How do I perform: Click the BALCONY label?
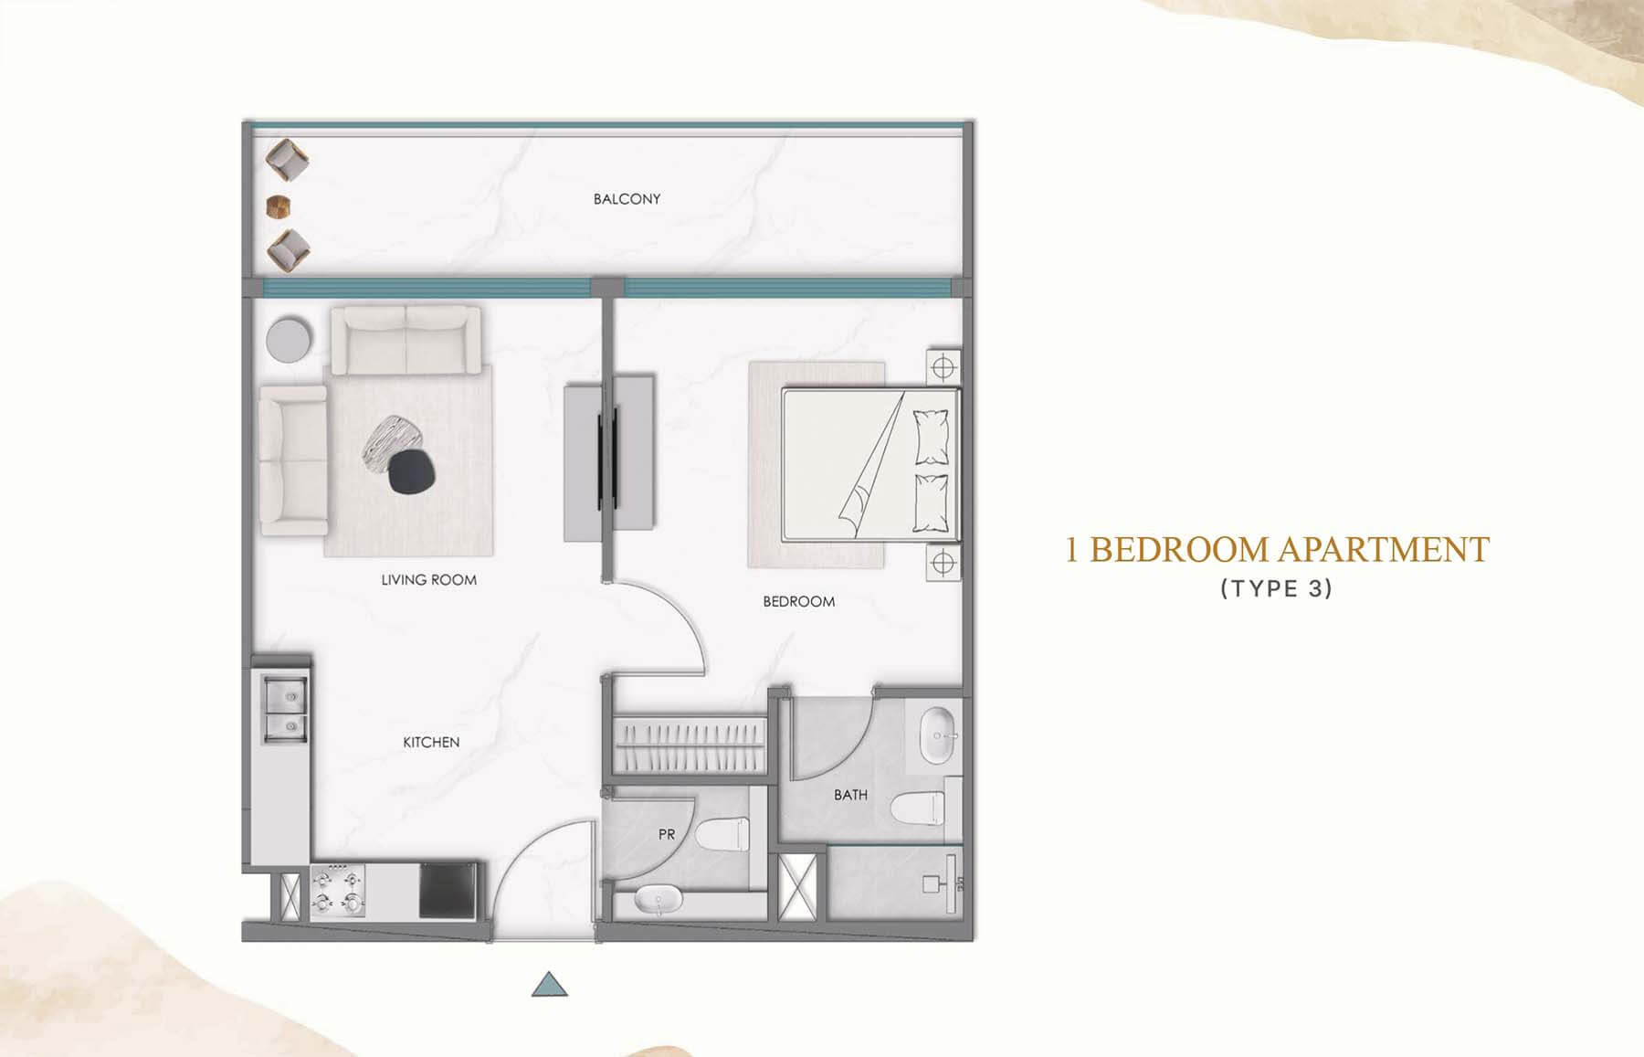(x=627, y=198)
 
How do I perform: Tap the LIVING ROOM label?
(x=428, y=579)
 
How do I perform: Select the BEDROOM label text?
(x=798, y=601)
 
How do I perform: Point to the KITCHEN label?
(x=431, y=742)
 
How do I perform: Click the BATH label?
(x=850, y=795)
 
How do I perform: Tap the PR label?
(x=667, y=834)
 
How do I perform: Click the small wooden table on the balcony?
(x=277, y=206)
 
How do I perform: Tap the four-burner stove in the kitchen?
(x=338, y=892)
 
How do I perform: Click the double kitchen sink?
(x=285, y=708)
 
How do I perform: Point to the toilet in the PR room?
(x=722, y=834)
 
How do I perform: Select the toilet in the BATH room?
(x=917, y=808)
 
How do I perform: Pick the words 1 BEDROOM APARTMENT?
(x=1277, y=550)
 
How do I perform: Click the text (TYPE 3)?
(x=1277, y=588)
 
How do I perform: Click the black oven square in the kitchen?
(x=448, y=891)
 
